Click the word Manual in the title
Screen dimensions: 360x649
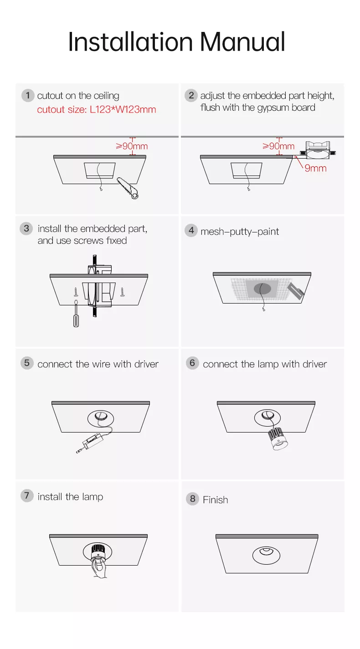243,42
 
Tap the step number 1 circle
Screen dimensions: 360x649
28,95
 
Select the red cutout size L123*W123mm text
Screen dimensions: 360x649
97,109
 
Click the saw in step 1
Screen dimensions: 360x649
128,188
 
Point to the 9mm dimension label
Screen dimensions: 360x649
315,168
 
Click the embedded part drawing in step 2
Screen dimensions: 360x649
318,150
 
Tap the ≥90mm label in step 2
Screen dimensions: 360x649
278,146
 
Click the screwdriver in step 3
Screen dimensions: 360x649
76,313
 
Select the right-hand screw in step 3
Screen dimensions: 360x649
123,292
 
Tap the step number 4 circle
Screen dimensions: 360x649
191,231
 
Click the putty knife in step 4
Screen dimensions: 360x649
295,291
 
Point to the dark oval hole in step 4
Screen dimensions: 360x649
262,288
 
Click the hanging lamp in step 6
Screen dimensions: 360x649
278,439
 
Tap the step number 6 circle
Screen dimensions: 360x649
192,363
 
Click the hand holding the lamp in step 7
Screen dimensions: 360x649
98,568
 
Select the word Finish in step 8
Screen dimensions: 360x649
216,500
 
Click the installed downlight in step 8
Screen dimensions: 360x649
266,555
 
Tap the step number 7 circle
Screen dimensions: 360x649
27,495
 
